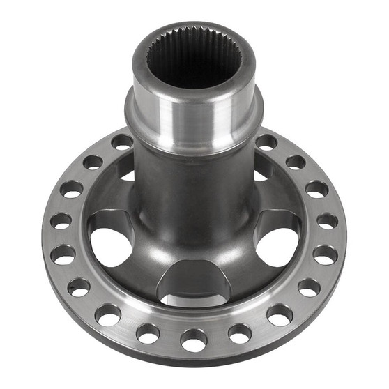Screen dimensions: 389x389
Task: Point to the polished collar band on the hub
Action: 194,122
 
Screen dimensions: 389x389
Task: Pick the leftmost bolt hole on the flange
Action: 61,221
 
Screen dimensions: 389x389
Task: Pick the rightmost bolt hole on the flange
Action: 327,221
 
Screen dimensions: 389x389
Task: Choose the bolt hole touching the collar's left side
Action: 122,142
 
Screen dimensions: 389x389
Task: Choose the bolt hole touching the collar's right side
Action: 266,142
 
